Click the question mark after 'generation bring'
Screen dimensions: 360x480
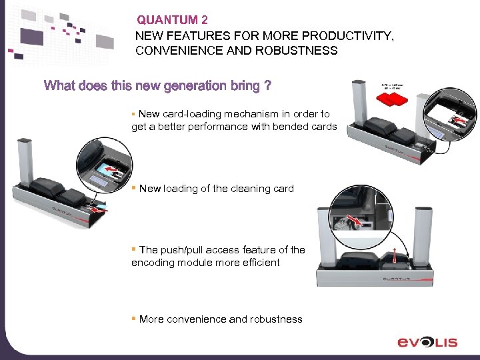pyautogui.click(x=267, y=85)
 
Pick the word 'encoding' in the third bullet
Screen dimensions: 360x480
pyautogui.click(x=151, y=263)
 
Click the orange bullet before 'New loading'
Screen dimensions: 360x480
pyautogui.click(x=134, y=188)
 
